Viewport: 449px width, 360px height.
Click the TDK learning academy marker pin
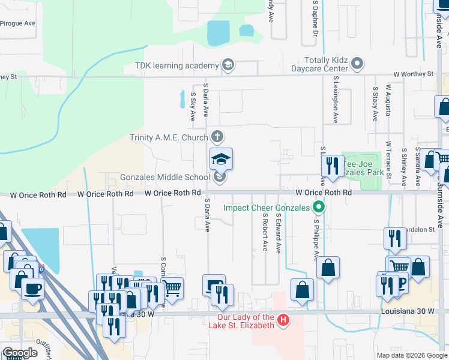coord(228,64)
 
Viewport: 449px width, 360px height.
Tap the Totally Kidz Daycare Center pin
coord(358,63)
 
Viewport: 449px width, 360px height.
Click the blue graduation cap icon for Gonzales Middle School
coord(221,160)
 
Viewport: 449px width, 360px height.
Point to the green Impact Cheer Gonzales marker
coord(319,208)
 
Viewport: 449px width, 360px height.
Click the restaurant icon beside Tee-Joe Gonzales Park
coord(332,166)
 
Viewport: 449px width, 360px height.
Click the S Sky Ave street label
coord(193,107)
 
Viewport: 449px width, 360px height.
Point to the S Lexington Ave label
coord(336,100)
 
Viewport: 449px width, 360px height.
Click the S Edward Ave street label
coord(279,232)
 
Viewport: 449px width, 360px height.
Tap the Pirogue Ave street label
coord(18,23)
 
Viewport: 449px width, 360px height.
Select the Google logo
coord(20,353)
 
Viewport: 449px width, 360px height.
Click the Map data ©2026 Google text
coord(411,355)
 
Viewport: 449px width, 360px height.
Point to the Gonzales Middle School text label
coord(164,177)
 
